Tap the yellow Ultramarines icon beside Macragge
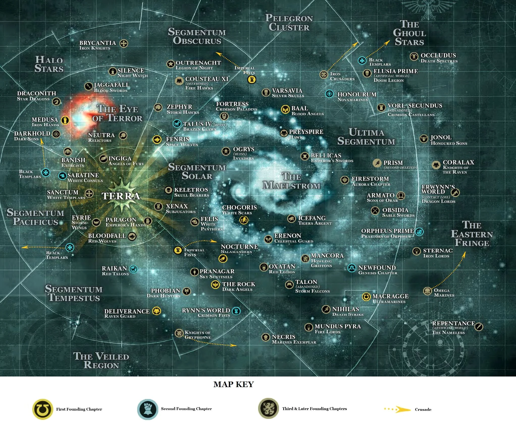tap(366, 297)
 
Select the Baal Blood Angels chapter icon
tap(285, 110)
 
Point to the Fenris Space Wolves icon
tap(157, 139)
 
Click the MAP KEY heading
tap(234, 384)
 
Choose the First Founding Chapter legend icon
tap(43, 409)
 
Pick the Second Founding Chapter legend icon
tap(147, 409)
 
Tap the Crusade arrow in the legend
tap(398, 409)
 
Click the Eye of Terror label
tap(117, 113)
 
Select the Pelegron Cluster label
tap(289, 23)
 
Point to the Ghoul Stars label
tap(409, 33)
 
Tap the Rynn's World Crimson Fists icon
tap(236, 311)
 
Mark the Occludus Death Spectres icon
tap(414, 56)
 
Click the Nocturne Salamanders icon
tap(223, 258)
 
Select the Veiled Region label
tap(101, 361)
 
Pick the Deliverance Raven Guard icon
tap(157, 311)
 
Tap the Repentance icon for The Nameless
tap(479, 327)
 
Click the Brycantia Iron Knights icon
tap(124, 43)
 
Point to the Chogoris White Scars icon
tap(244, 220)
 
